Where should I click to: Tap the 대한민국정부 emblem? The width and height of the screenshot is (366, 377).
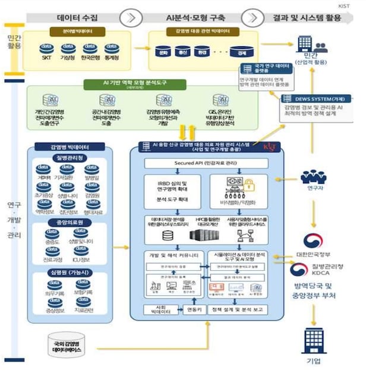312,241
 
